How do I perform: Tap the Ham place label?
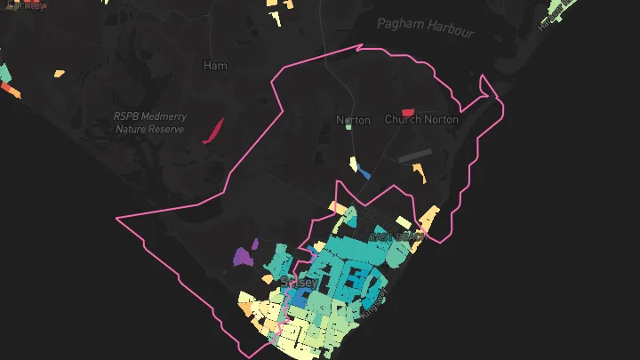215,66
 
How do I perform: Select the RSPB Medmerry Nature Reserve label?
149,123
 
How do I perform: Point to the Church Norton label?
421,119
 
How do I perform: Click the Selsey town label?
299,282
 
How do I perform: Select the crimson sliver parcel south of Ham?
212,131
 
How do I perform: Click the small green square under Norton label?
349,127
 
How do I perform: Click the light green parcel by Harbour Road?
562,7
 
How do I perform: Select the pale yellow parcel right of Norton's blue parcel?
353,164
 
